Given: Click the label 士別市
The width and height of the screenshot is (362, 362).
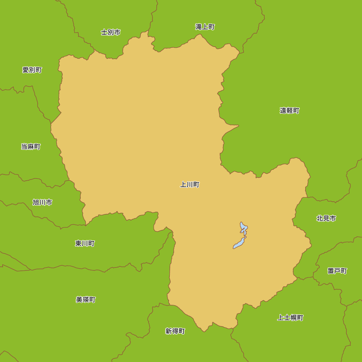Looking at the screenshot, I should (111, 32).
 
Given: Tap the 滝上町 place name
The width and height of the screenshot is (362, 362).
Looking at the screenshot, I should (205, 27).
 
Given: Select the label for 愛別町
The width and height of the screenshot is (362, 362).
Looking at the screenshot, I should (32, 70).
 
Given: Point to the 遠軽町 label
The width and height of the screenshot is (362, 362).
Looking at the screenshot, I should (290, 110).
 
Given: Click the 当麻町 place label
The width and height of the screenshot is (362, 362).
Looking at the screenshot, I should (31, 147).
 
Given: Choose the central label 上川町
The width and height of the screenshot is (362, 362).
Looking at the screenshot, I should (190, 185).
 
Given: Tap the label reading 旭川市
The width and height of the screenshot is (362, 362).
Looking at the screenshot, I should (42, 202).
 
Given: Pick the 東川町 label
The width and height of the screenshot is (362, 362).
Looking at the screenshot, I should (85, 243).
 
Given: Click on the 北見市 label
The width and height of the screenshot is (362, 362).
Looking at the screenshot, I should (326, 218).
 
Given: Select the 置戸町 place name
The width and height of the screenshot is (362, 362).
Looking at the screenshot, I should (337, 271).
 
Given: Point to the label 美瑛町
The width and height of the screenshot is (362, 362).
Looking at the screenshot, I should (86, 300).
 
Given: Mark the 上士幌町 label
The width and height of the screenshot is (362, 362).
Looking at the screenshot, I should (290, 318).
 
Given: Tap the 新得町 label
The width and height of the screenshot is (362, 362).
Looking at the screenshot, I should (175, 331).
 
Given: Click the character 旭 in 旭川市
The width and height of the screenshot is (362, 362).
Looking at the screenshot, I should (36, 202).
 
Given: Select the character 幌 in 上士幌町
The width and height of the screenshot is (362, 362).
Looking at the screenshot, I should (294, 318).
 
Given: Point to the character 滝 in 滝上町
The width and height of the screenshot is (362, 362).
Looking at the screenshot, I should (198, 27).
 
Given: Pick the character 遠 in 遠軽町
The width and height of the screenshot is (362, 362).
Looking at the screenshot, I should (283, 110).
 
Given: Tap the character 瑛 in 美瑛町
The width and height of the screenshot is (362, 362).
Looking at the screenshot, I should (86, 300).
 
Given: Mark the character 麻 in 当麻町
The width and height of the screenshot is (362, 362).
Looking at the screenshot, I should (31, 147).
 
